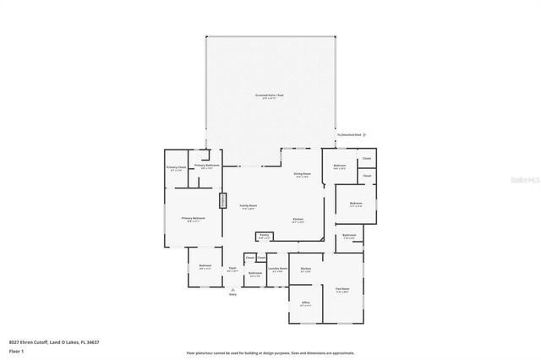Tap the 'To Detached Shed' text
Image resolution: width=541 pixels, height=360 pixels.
349,134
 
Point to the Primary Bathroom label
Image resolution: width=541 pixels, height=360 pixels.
207,166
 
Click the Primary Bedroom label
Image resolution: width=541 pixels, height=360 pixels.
193,219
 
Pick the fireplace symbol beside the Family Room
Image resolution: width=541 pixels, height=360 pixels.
224,202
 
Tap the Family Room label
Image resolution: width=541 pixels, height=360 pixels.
248,207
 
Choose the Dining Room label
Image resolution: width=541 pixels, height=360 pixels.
301,175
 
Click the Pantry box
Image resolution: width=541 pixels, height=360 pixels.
264,237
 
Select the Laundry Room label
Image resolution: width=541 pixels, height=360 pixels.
277,270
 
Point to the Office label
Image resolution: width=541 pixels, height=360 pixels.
306,303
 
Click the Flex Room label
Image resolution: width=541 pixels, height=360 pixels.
342,290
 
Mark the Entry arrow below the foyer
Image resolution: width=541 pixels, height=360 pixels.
232,289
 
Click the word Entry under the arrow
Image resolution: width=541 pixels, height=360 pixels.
232,295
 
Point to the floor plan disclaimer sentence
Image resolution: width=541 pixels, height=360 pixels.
270,353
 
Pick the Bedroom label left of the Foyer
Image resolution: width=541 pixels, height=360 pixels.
205,266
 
